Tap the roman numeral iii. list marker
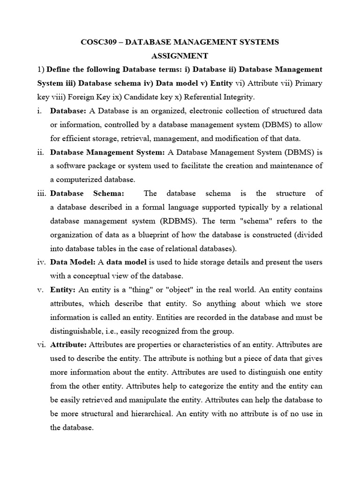click(x=42, y=194)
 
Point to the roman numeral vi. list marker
click(x=42, y=345)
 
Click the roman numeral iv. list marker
click(x=42, y=262)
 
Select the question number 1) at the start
click(x=41, y=69)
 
